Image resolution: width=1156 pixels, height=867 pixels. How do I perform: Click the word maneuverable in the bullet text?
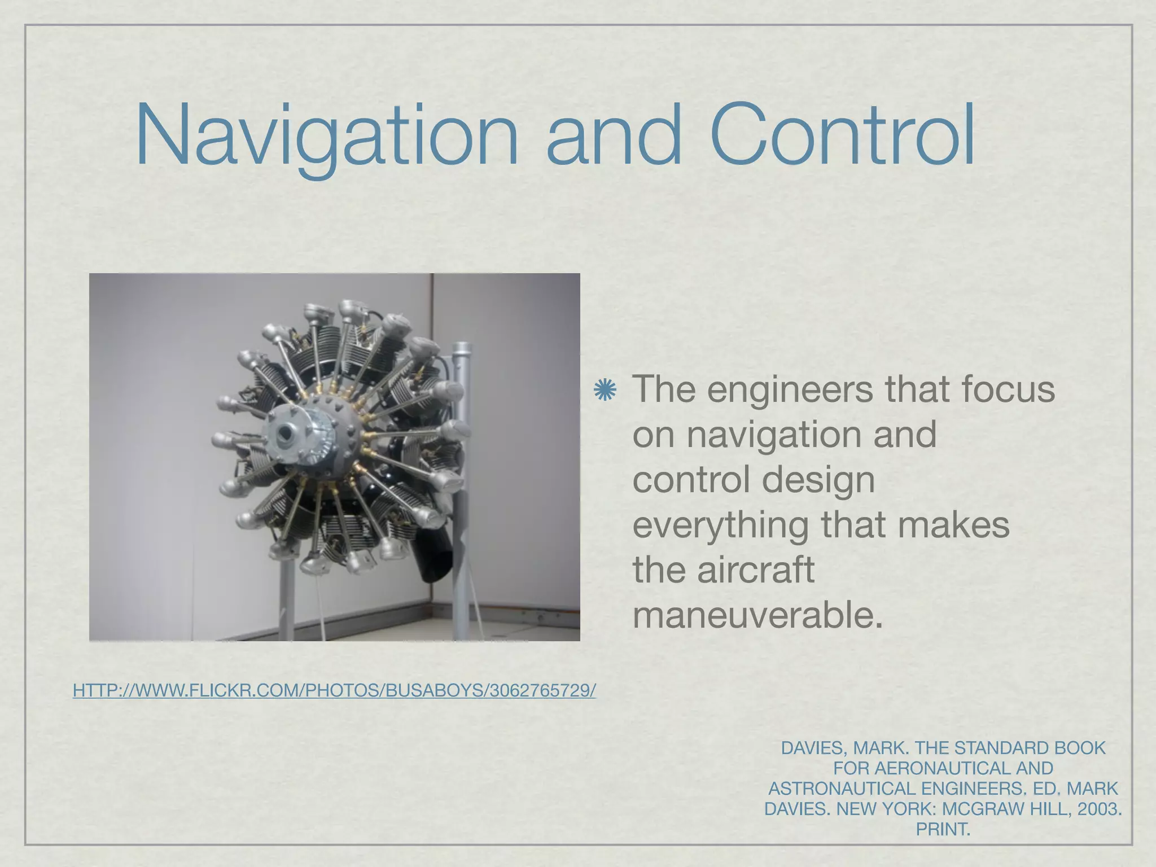756,615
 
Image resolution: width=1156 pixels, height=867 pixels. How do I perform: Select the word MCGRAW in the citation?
977,809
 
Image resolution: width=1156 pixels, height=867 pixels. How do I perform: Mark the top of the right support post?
461,345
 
